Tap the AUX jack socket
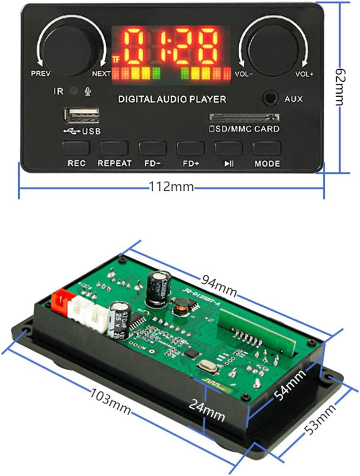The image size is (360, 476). point(270,98)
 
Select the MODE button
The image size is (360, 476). point(267,148)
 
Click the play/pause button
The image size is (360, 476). point(229,148)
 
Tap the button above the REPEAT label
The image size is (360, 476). point(114,148)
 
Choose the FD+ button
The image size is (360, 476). point(190,148)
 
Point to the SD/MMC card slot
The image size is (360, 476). point(244,117)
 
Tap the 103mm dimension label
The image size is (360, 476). point(110,401)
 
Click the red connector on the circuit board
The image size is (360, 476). point(61,304)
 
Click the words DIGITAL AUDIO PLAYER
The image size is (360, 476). point(172,99)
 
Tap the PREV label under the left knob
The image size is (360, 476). point(41,74)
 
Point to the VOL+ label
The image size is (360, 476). point(304,74)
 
